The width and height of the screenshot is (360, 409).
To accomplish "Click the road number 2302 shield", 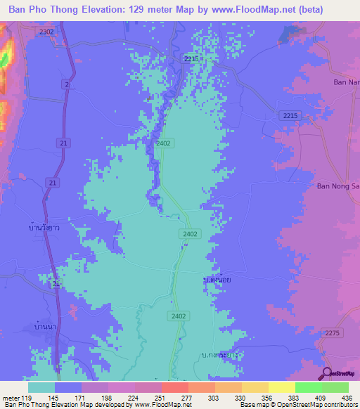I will click(x=47, y=32).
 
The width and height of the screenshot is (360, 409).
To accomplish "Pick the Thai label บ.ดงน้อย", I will click(x=217, y=279).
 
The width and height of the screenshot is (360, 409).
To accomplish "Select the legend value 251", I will click(x=161, y=397).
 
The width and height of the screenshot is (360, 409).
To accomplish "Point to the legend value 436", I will click(x=348, y=397).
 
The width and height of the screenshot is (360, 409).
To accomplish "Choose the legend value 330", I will click(x=241, y=397).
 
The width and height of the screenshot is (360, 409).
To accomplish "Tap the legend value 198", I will click(x=108, y=397).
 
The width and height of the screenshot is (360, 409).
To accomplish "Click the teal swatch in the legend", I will click(x=41, y=387).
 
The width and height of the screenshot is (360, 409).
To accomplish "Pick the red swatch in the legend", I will click(x=174, y=387).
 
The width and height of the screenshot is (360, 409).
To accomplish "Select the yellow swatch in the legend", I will click(x=281, y=387).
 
